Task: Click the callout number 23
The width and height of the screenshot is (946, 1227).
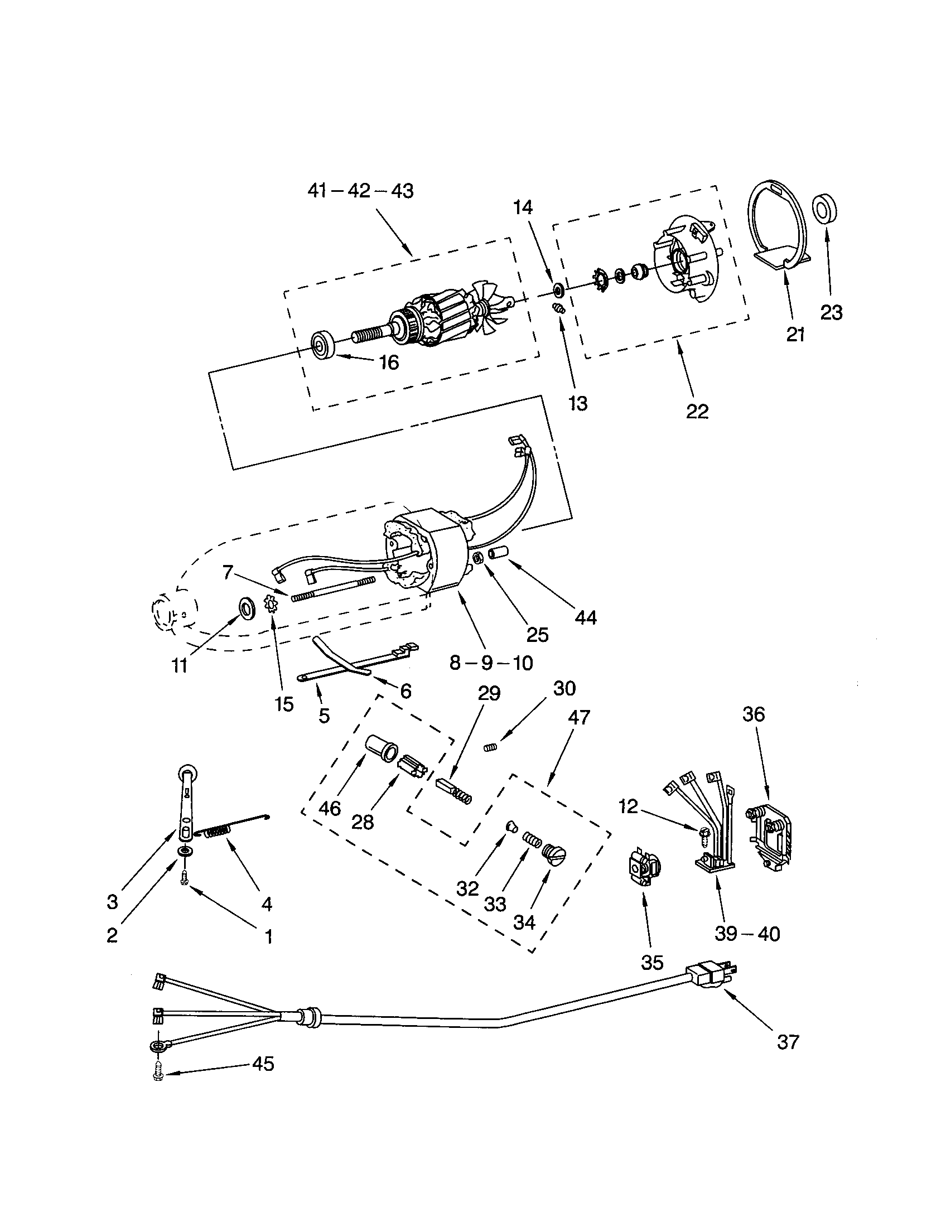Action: click(x=831, y=312)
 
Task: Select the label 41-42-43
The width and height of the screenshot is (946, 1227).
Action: click(x=360, y=191)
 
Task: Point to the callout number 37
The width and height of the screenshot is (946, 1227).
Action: click(x=787, y=1042)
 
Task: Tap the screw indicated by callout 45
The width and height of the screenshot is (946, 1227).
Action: click(x=158, y=1075)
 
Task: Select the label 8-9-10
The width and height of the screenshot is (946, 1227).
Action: click(x=491, y=663)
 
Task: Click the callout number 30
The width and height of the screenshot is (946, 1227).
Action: click(x=564, y=689)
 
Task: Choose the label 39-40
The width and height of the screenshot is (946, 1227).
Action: click(x=747, y=934)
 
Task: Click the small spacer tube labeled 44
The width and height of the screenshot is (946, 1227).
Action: click(x=498, y=553)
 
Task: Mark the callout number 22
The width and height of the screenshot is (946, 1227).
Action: click(x=697, y=411)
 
